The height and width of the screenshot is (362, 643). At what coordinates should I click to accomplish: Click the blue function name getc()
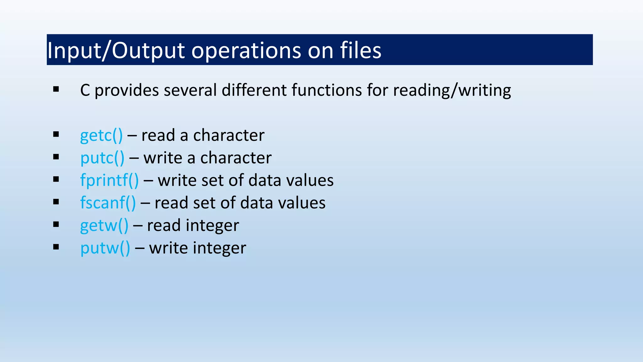pyautogui.click(x=101, y=135)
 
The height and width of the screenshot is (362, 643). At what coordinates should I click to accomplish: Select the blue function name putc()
pyautogui.click(x=102, y=158)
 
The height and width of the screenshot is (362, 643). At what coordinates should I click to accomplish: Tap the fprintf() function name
pyautogui.click(x=109, y=180)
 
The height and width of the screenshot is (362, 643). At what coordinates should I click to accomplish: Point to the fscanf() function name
pyautogui.click(x=108, y=203)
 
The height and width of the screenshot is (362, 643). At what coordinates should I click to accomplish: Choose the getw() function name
pyautogui.click(x=104, y=226)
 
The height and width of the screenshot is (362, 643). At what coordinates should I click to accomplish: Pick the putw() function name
pyautogui.click(x=105, y=248)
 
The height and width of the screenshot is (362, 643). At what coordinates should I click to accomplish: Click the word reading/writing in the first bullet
pyautogui.click(x=452, y=90)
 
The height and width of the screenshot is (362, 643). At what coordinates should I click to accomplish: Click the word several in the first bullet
pyautogui.click(x=190, y=90)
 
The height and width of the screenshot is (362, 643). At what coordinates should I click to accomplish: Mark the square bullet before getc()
pyautogui.click(x=56, y=134)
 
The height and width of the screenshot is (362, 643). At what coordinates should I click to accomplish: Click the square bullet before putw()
pyautogui.click(x=56, y=247)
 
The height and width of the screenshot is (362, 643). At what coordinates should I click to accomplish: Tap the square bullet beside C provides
pyautogui.click(x=56, y=90)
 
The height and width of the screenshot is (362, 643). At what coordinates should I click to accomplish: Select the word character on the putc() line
pyautogui.click(x=236, y=158)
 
